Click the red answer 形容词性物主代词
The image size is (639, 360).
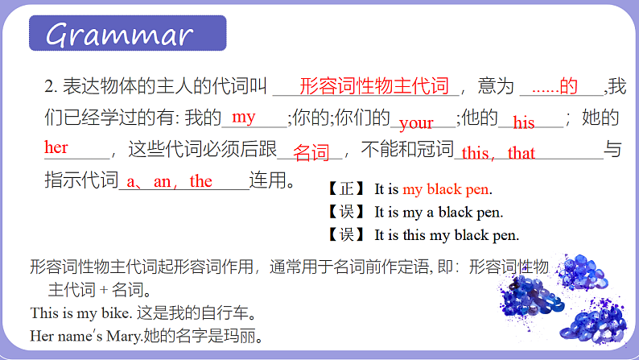373,86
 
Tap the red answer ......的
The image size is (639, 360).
554,86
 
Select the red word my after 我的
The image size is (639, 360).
243,118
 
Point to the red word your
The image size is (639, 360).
416,123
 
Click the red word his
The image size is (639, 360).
524,123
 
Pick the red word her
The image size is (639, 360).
56,147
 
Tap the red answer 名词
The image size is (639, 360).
311,152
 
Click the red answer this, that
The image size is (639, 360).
498,153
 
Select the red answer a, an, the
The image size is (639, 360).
170,182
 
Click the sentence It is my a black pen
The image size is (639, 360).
439,213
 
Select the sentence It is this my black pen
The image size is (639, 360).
447,236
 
